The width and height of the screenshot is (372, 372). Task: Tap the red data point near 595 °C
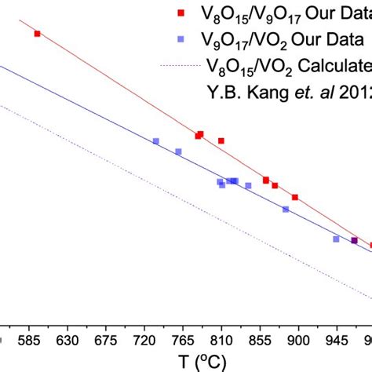point(37,33)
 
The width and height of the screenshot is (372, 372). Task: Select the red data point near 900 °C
point(295,197)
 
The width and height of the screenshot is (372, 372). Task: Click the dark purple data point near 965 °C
point(354,240)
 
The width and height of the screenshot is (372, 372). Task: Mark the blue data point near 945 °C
point(336,239)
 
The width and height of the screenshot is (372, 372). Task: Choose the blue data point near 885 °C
point(285,209)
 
